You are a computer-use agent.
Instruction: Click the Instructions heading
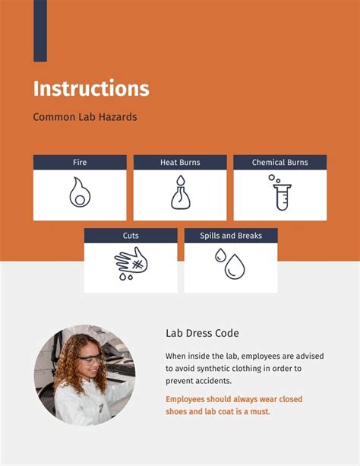[91, 88]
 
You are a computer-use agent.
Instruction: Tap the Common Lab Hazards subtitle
[84, 118]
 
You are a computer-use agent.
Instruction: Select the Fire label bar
[80, 163]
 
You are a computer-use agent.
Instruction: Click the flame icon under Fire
[80, 193]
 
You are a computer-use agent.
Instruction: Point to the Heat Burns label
[180, 163]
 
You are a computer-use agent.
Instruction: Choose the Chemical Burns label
[279, 163]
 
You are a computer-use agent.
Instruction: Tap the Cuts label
[131, 236]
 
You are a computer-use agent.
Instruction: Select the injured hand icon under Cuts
[131, 264]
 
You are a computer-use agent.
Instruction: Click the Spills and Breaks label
[231, 236]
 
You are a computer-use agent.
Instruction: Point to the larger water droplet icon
[235, 267]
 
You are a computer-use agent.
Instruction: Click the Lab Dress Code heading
[202, 334]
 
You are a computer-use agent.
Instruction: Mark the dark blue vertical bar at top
[40, 30]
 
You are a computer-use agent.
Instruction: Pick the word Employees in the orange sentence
[191, 399]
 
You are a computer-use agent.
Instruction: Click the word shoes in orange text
[178, 411]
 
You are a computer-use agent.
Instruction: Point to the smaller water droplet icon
[219, 255]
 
